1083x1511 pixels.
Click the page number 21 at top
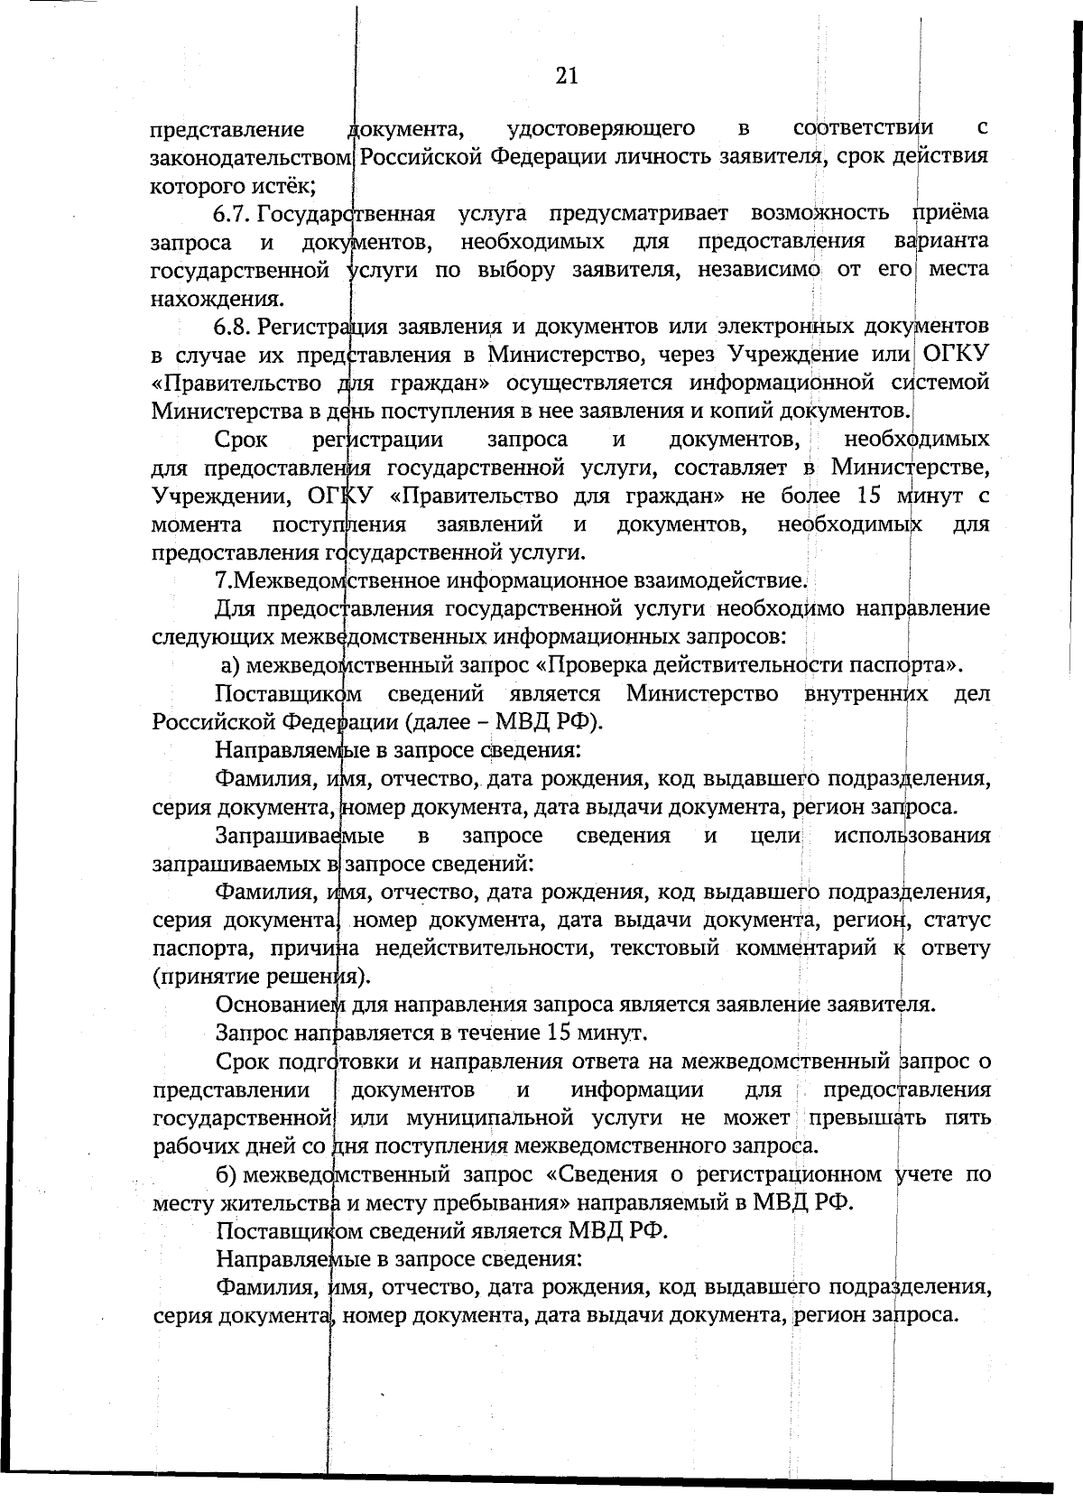coord(566,76)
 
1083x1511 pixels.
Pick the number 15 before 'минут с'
coord(868,496)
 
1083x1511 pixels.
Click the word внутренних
coord(865,694)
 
